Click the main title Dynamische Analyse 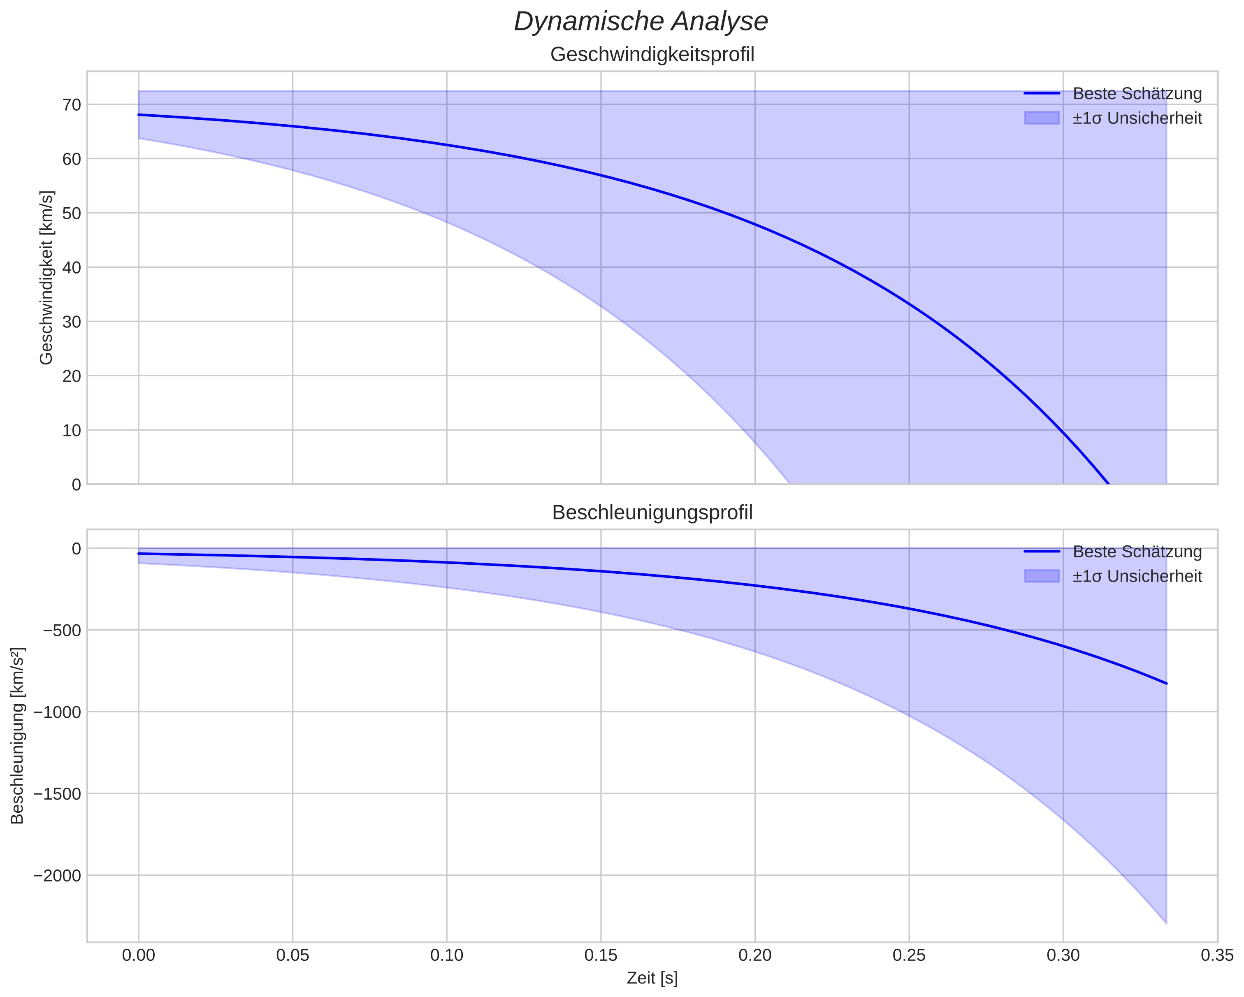pos(641,22)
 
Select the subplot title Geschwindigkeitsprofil pos(652,55)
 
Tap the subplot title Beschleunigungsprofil pos(652,512)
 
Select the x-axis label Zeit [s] pos(652,978)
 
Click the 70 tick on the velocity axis pos(72,104)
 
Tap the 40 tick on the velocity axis pos(72,267)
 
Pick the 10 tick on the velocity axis pos(72,430)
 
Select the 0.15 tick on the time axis pos(601,955)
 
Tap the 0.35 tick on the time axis pos(1217,955)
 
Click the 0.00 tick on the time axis pos(139,955)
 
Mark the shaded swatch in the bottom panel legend pos(1042,576)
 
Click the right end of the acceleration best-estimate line pos(1166,683)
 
